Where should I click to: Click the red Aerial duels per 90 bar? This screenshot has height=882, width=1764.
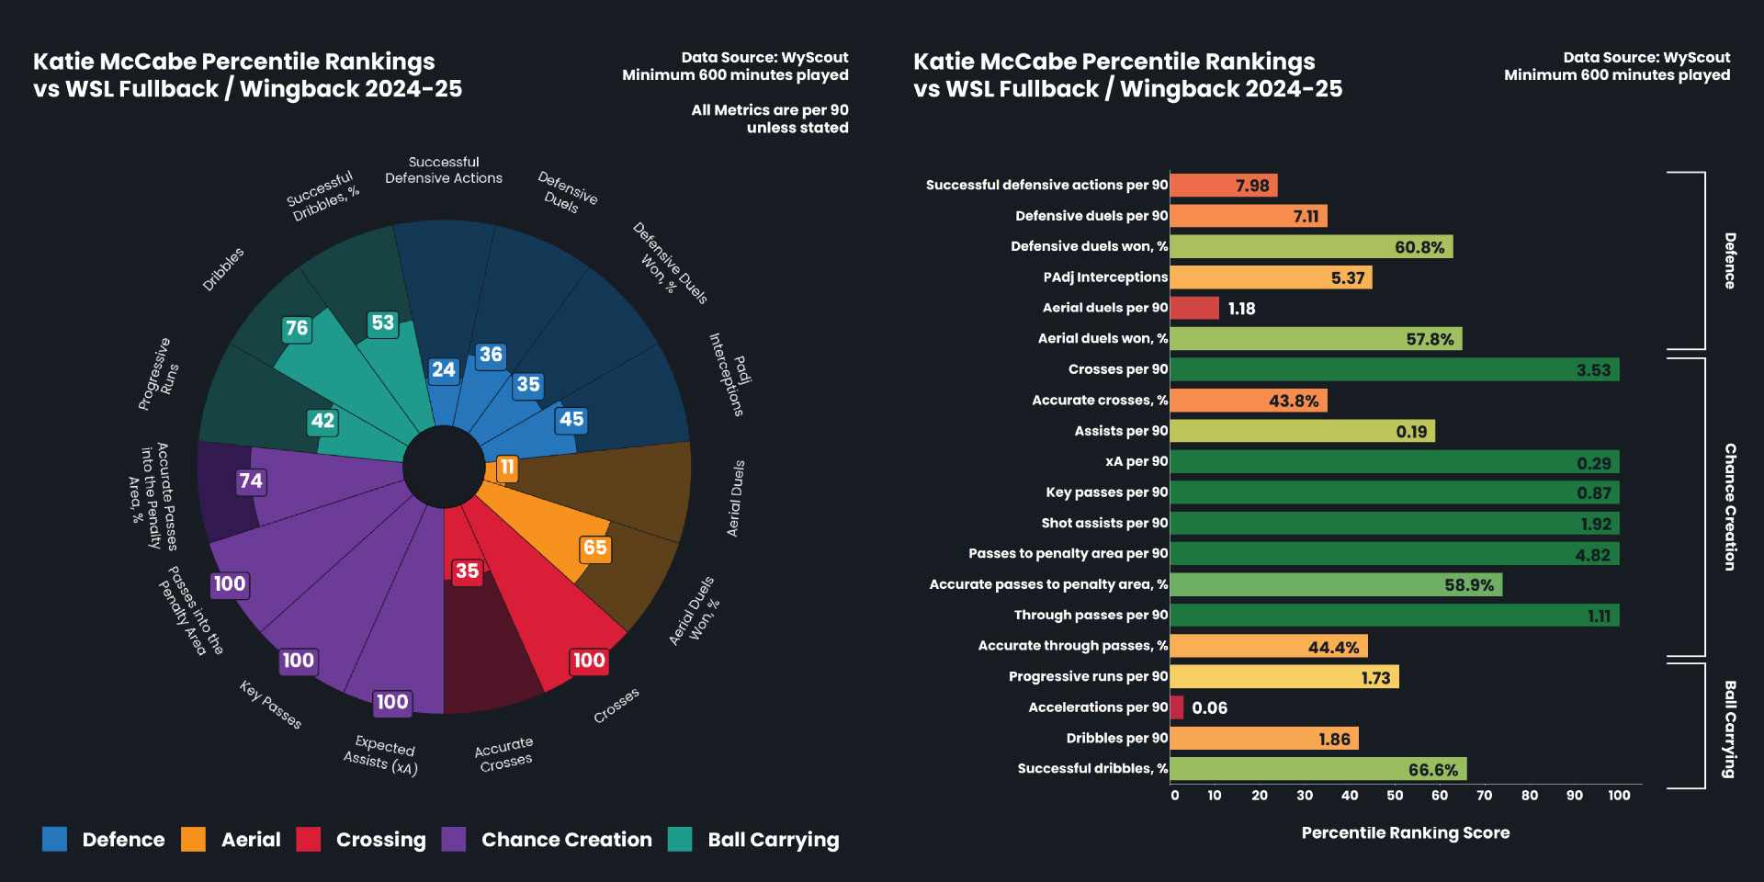pos(1194,308)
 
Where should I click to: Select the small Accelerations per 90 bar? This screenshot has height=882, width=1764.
pos(1177,707)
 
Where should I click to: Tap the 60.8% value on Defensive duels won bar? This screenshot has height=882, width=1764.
pos(1419,247)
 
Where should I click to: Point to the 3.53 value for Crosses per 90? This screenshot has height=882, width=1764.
pos(1593,370)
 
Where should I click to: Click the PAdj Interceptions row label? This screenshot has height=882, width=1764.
pos(1105,277)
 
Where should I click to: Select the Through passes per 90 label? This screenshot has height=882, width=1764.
pos(1091,615)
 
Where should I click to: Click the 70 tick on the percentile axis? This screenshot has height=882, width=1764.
pos(1485,796)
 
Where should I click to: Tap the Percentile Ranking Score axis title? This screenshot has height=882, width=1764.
pos(1405,833)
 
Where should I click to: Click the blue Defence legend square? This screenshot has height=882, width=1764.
pos(54,839)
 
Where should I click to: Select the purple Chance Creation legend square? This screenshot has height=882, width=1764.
pos(454,839)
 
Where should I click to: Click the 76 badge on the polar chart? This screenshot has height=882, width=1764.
pos(297,328)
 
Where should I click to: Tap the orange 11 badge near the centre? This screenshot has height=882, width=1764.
pos(506,468)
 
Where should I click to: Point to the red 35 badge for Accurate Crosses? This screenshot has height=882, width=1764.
pos(467,571)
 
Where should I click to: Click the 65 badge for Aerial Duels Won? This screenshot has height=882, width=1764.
pos(595,548)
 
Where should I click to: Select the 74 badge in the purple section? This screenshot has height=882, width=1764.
pos(250,481)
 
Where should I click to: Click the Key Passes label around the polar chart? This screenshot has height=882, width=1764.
pos(270,705)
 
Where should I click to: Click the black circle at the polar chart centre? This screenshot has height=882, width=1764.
pos(444,467)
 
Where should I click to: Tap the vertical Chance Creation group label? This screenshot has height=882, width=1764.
pos(1730,507)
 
